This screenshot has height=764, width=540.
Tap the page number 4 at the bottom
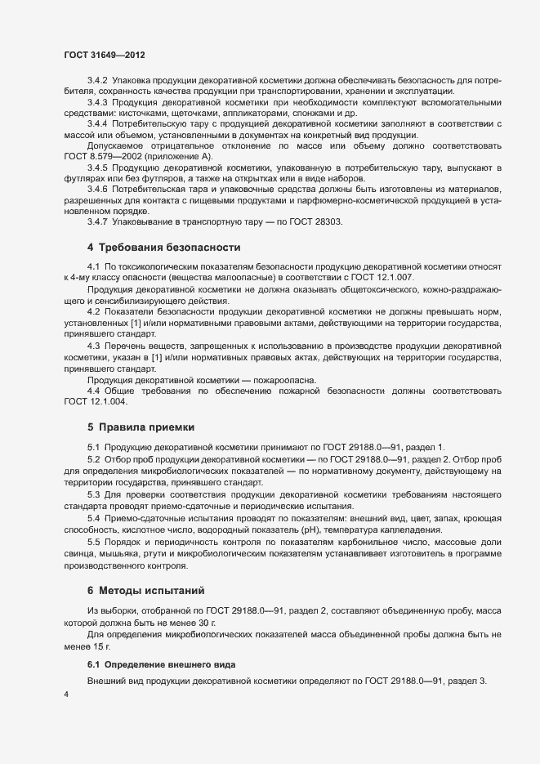[66, 695]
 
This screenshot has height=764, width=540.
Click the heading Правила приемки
[146, 427]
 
